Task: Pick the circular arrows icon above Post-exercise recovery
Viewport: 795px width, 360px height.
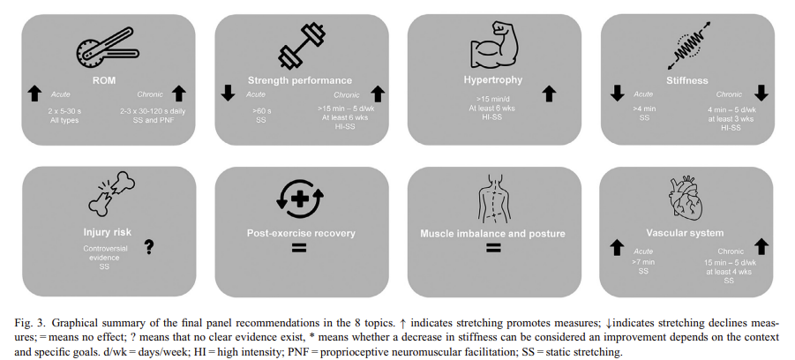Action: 300,199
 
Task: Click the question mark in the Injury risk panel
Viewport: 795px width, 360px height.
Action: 149,247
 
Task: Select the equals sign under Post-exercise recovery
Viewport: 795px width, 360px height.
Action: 299,250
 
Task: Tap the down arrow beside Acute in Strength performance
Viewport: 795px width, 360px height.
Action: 228,93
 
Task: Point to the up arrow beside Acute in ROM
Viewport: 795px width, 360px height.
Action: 35,93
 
